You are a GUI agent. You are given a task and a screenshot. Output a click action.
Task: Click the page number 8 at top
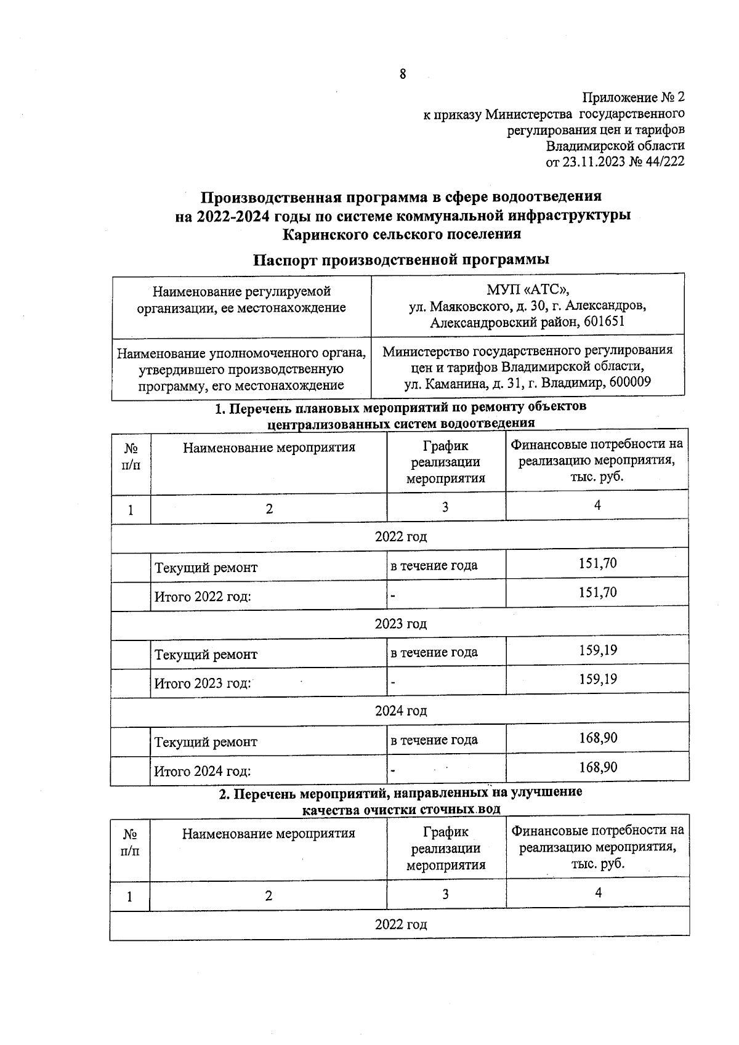403,75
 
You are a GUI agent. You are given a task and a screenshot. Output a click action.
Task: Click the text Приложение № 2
634,97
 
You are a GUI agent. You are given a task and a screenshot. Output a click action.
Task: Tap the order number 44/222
661,162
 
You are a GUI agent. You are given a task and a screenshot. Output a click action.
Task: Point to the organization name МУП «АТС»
528,289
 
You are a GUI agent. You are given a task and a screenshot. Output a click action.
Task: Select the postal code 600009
630,382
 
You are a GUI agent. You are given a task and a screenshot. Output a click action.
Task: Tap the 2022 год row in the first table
401,536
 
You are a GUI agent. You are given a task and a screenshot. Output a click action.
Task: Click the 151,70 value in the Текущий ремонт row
597,563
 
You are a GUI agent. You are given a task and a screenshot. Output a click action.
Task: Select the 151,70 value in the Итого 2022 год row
597,592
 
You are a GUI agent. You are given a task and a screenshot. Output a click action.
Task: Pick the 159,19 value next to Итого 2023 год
597,679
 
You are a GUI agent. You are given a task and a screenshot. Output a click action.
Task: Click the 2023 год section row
401,624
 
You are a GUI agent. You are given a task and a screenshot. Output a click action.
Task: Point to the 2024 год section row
401,711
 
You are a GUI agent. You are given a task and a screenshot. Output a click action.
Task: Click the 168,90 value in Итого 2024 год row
597,767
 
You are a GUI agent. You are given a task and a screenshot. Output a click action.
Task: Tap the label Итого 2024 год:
202,771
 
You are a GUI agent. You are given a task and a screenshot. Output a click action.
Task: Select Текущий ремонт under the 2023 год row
206,655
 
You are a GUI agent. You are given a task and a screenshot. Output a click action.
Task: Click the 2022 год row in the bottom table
401,925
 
